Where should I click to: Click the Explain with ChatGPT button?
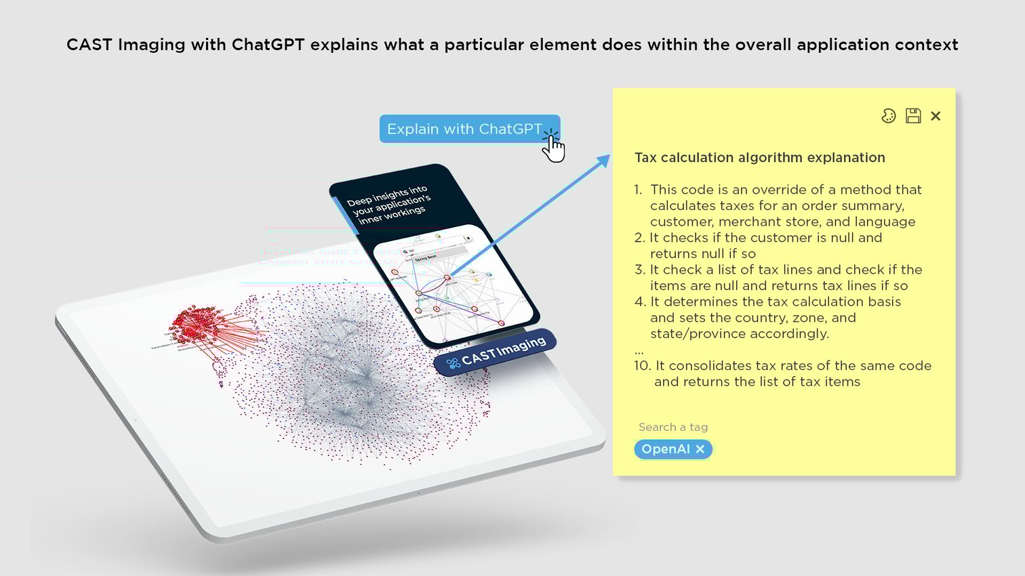click(x=464, y=129)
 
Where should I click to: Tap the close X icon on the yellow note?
click(x=936, y=116)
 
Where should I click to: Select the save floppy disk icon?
click(x=913, y=116)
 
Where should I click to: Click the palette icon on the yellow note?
click(x=888, y=116)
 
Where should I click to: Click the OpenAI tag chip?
click(x=666, y=449)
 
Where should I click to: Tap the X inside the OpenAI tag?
click(x=700, y=449)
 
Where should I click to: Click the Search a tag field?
click(x=673, y=427)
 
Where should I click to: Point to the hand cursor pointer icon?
click(x=554, y=147)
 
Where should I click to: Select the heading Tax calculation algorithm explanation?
click(x=759, y=157)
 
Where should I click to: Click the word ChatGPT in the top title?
click(x=268, y=45)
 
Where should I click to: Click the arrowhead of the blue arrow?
click(x=603, y=161)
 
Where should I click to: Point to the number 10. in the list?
click(x=642, y=366)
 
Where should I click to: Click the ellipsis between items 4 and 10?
click(x=639, y=351)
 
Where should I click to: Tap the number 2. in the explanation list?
click(x=639, y=238)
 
